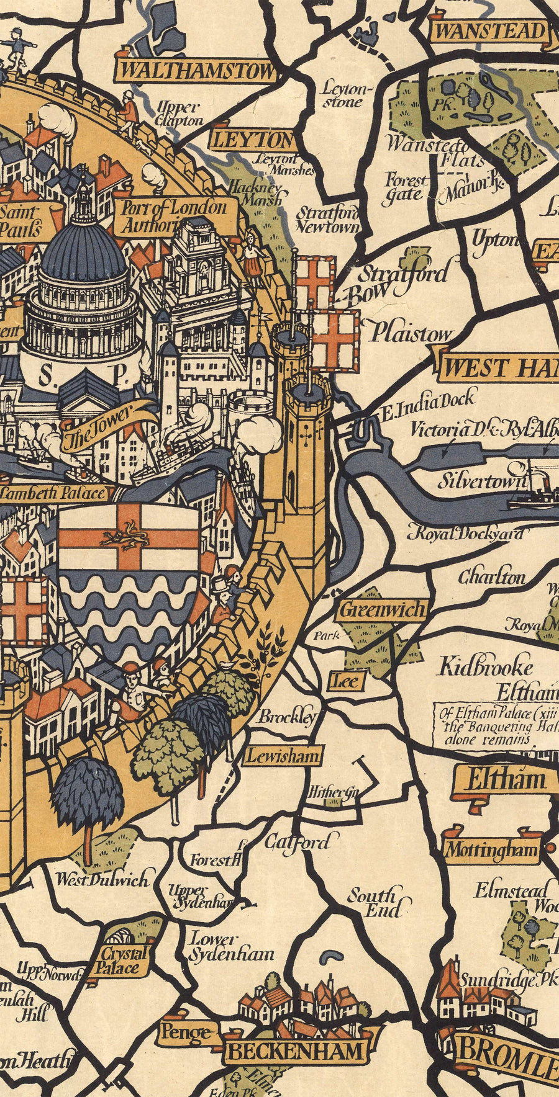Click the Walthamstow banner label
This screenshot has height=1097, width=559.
click(x=196, y=71)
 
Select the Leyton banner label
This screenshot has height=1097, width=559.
click(x=252, y=140)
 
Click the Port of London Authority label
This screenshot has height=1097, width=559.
click(x=175, y=216)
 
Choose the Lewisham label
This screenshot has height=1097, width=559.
click(x=283, y=756)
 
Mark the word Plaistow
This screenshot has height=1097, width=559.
click(x=411, y=334)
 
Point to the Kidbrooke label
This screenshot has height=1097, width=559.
click(x=486, y=667)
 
